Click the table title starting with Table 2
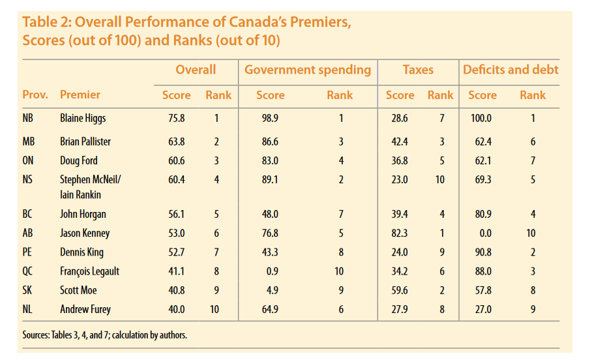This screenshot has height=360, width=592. click(186, 31)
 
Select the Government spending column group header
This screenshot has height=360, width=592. click(307, 70)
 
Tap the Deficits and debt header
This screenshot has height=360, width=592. click(510, 70)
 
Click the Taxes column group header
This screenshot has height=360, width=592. click(418, 70)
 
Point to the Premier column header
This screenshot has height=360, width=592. click(80, 95)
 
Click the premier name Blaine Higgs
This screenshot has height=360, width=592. click(83, 119)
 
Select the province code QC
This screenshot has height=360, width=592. click(28, 271)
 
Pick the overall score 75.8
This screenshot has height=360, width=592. click(176, 119)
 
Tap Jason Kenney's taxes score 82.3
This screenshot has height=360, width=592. click(400, 233)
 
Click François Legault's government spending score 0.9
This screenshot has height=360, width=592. click(270, 271)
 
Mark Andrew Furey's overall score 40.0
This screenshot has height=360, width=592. click(176, 310)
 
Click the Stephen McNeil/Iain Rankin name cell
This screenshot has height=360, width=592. click(89, 187)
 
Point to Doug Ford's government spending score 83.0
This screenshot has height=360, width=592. click(270, 160)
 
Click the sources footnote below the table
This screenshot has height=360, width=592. click(104, 335)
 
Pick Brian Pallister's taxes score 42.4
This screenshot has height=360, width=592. click(400, 142)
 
